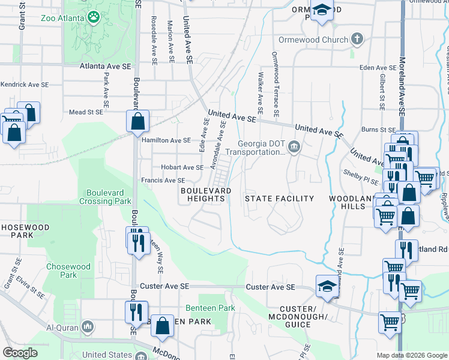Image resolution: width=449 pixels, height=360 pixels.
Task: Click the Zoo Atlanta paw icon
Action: pos(94,17)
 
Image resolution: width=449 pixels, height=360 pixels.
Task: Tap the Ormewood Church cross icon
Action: pos(357,40)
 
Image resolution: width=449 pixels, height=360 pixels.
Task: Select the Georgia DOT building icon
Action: pos(294,147)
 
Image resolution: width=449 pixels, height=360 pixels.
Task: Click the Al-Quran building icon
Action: pos(88,327)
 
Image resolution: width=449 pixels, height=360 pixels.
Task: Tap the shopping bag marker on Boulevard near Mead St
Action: pos(137,121)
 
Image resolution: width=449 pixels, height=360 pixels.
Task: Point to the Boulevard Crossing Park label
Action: pos(105,197)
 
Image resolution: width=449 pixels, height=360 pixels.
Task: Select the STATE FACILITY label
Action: pos(279,199)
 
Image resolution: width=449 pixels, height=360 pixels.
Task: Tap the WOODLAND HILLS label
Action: pos(347,202)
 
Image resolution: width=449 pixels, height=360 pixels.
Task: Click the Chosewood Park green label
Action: pos(69,271)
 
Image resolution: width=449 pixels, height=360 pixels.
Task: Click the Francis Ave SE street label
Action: pos(163,180)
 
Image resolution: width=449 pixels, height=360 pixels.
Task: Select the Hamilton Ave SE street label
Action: pos(166,140)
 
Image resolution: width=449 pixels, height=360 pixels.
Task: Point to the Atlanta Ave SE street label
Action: pos(106,65)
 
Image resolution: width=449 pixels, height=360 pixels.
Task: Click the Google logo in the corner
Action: pos(20,353)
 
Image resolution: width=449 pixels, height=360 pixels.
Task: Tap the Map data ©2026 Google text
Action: pos(411,355)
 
